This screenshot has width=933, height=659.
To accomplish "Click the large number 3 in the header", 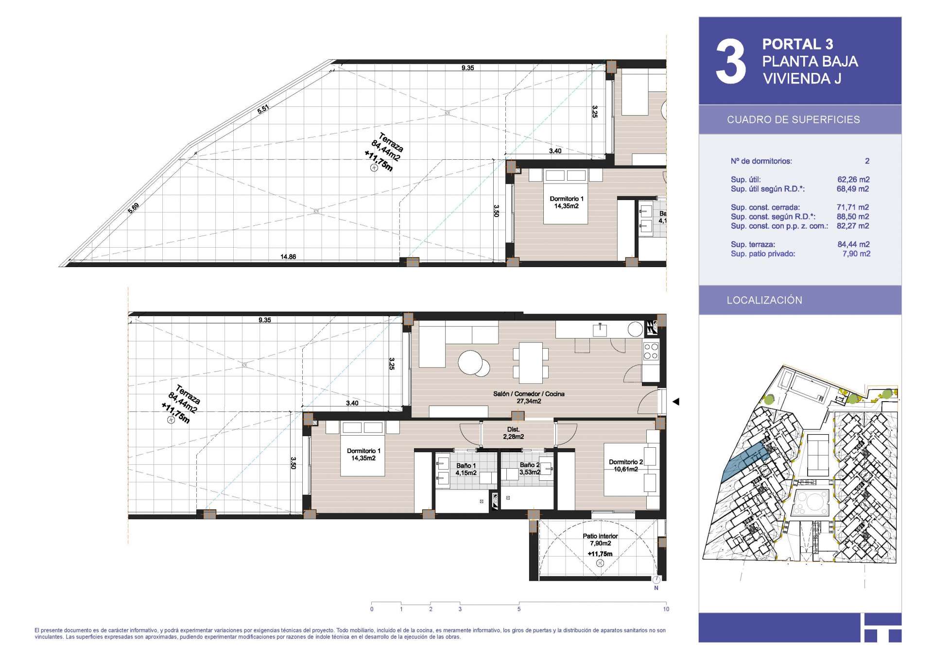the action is (x=730, y=62).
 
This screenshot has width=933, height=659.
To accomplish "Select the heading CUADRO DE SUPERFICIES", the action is (x=793, y=120).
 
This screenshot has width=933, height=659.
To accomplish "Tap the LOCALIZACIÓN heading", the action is (x=764, y=300).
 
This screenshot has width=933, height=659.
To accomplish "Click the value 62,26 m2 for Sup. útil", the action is (x=853, y=179).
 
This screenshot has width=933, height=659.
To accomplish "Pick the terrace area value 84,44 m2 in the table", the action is (x=853, y=244).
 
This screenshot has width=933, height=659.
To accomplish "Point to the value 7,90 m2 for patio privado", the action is (x=856, y=253).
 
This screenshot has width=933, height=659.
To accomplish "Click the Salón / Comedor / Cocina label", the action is (x=529, y=394).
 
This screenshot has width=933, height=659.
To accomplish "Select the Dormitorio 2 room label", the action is (x=626, y=462).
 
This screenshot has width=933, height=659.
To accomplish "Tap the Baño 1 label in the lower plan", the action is (x=466, y=466).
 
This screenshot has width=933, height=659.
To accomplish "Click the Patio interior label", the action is (x=600, y=536).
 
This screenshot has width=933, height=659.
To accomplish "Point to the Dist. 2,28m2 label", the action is (x=513, y=433).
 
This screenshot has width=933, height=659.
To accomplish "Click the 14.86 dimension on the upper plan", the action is (x=288, y=257).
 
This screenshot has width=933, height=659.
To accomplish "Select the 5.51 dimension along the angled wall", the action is (x=263, y=109).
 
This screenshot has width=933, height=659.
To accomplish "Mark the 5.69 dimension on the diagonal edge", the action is (x=134, y=208).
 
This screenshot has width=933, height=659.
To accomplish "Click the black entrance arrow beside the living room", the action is (x=675, y=402).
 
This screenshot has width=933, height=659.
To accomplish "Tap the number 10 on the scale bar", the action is (x=666, y=609).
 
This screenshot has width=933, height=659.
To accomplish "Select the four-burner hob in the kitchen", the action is (x=651, y=351).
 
